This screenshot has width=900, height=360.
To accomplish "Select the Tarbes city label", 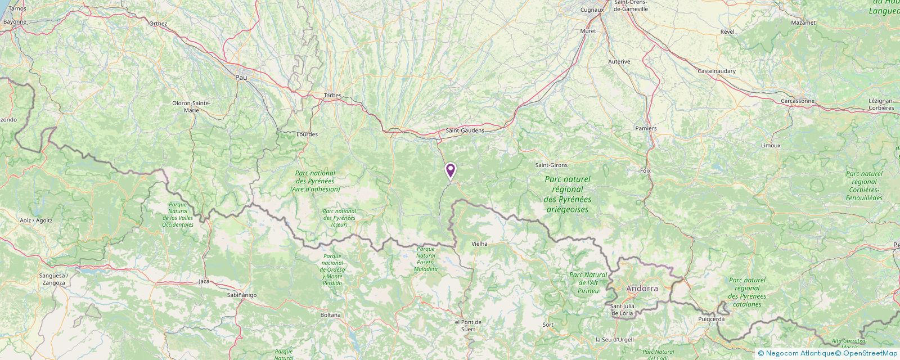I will tap(332, 96).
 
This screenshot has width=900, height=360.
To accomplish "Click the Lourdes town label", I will tap(307, 134).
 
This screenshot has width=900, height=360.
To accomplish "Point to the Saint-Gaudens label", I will tap(465, 130).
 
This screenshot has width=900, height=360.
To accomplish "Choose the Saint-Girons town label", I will tap(551, 165).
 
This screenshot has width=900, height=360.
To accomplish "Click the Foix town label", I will tap(645, 170).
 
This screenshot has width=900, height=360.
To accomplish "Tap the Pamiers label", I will tap(646, 128).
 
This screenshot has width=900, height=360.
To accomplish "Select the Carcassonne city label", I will tap(798, 101).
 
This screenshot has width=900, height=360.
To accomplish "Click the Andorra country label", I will tap(642, 289).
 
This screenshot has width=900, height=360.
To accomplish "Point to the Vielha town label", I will tap(479, 244).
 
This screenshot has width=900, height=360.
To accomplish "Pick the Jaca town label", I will tap(204, 281).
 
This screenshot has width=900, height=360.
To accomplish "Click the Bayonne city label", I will tap(15, 22).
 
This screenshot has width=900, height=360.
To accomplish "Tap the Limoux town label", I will tap(771, 145).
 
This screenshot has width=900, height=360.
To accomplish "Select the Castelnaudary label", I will tap(718, 71).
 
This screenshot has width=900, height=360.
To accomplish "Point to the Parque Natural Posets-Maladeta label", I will tap(426, 259).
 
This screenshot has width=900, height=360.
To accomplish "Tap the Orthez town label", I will tap(158, 24).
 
